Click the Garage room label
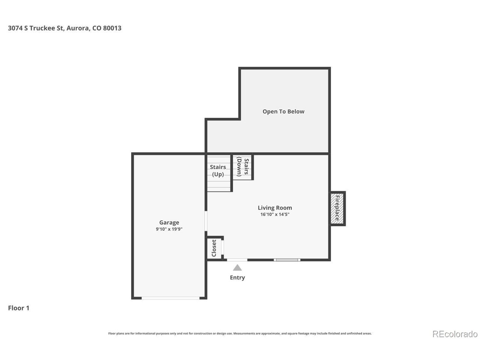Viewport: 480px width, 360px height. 169,222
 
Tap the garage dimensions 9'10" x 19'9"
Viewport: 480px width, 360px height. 169,229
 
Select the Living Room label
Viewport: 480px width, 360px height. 274,208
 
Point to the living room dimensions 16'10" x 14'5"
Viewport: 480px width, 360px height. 274,214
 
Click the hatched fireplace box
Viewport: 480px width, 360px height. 337,208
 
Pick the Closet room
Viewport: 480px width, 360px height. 214,248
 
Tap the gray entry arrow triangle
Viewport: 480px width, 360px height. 237,267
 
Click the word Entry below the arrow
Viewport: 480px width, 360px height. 237,277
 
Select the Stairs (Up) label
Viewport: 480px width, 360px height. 218,171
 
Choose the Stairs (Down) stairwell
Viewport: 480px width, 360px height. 242,167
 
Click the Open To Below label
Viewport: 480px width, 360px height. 283,111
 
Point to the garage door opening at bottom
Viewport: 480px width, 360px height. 171,298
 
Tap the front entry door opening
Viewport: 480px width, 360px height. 237,260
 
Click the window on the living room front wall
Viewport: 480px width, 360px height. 287,260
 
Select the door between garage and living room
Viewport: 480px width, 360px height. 206,221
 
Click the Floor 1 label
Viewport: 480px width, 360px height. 19,308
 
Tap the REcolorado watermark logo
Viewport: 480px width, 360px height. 455,334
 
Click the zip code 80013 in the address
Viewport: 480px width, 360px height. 112,28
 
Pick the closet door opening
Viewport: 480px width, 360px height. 223,247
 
